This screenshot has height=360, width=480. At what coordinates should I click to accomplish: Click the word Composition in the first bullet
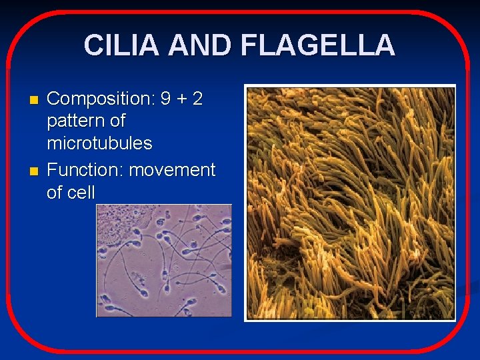100,99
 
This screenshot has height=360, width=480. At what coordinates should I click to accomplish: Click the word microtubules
99,143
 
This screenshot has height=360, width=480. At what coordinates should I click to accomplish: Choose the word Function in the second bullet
85,170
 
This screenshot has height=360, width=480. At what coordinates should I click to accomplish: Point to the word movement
172,171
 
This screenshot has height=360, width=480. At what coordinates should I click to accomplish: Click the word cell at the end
81,193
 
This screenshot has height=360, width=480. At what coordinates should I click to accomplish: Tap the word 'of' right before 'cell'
55,193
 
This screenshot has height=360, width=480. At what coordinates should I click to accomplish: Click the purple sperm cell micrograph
164,261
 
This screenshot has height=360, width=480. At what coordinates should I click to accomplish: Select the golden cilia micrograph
350,203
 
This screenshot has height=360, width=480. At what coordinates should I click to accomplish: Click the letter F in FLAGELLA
249,45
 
